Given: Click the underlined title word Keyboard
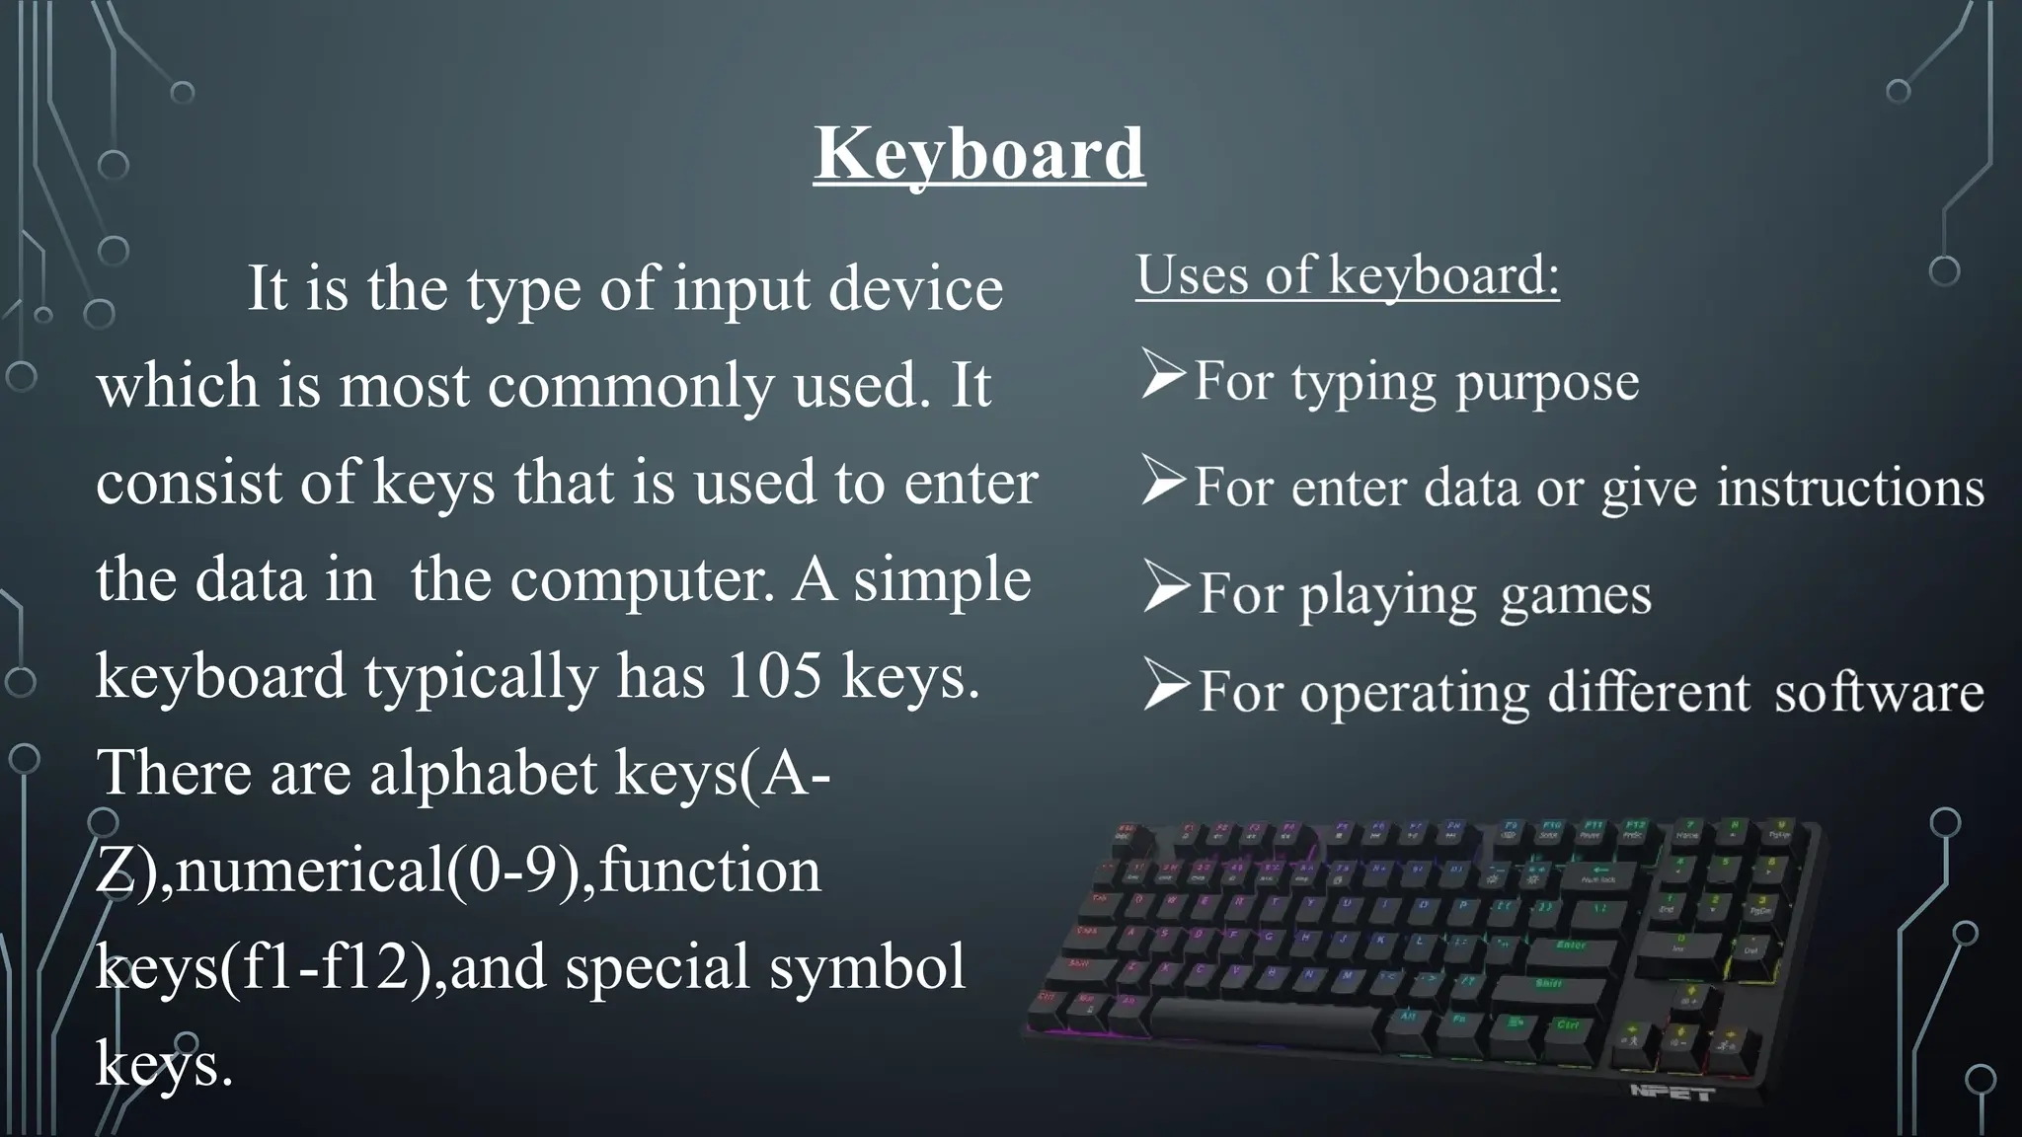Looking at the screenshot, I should (979, 153).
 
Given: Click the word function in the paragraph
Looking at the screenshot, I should (710, 871).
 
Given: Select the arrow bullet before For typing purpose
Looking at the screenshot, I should (1163, 375).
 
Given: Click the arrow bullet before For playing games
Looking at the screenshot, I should (1166, 587).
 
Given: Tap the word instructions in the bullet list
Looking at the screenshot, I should (1850, 488).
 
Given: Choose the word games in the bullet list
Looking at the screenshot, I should (1576, 595).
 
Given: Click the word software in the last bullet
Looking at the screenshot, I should (1879, 692).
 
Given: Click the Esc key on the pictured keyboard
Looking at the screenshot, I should (1125, 834).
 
